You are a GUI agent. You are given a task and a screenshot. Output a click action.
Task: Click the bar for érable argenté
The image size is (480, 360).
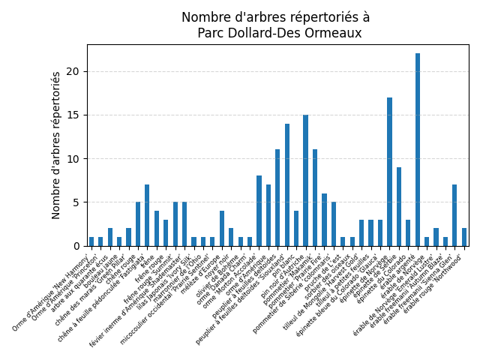click(x=418, y=150)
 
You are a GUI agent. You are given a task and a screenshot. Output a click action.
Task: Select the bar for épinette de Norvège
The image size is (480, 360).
click(x=390, y=172)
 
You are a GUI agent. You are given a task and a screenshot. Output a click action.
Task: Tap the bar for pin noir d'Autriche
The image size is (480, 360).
click(x=306, y=181)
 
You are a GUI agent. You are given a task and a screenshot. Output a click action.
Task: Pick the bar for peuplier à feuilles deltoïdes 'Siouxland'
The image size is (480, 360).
click(x=287, y=185)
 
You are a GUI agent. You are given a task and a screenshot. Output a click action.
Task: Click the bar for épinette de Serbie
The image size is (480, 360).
click(x=399, y=207)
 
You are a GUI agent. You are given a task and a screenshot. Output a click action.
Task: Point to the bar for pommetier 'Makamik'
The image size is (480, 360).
click(x=315, y=198)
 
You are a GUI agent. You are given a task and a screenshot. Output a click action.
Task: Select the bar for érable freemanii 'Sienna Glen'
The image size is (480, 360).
click(x=454, y=215)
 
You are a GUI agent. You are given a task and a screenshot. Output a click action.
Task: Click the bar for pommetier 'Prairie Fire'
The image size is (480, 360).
click(x=325, y=220)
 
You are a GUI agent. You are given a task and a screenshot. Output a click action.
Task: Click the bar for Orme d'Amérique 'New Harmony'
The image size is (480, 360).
click(x=91, y=241)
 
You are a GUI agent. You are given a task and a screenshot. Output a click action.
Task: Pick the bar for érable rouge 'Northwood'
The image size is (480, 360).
click(x=464, y=237)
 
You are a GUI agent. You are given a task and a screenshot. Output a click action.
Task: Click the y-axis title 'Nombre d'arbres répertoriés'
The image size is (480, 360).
click(x=56, y=145)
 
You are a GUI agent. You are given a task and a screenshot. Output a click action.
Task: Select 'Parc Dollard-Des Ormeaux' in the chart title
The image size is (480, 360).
click(x=279, y=33)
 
